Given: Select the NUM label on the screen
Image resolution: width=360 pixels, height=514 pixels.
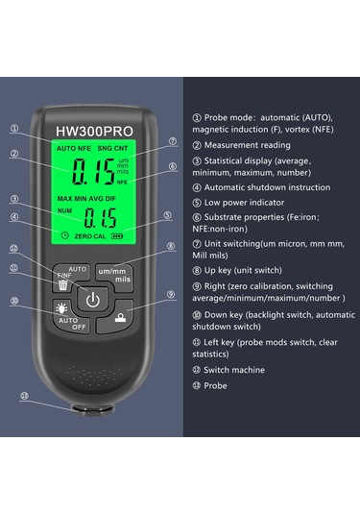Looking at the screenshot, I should [x=64, y=212].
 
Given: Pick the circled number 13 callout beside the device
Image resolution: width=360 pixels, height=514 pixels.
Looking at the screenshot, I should [x=24, y=398].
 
